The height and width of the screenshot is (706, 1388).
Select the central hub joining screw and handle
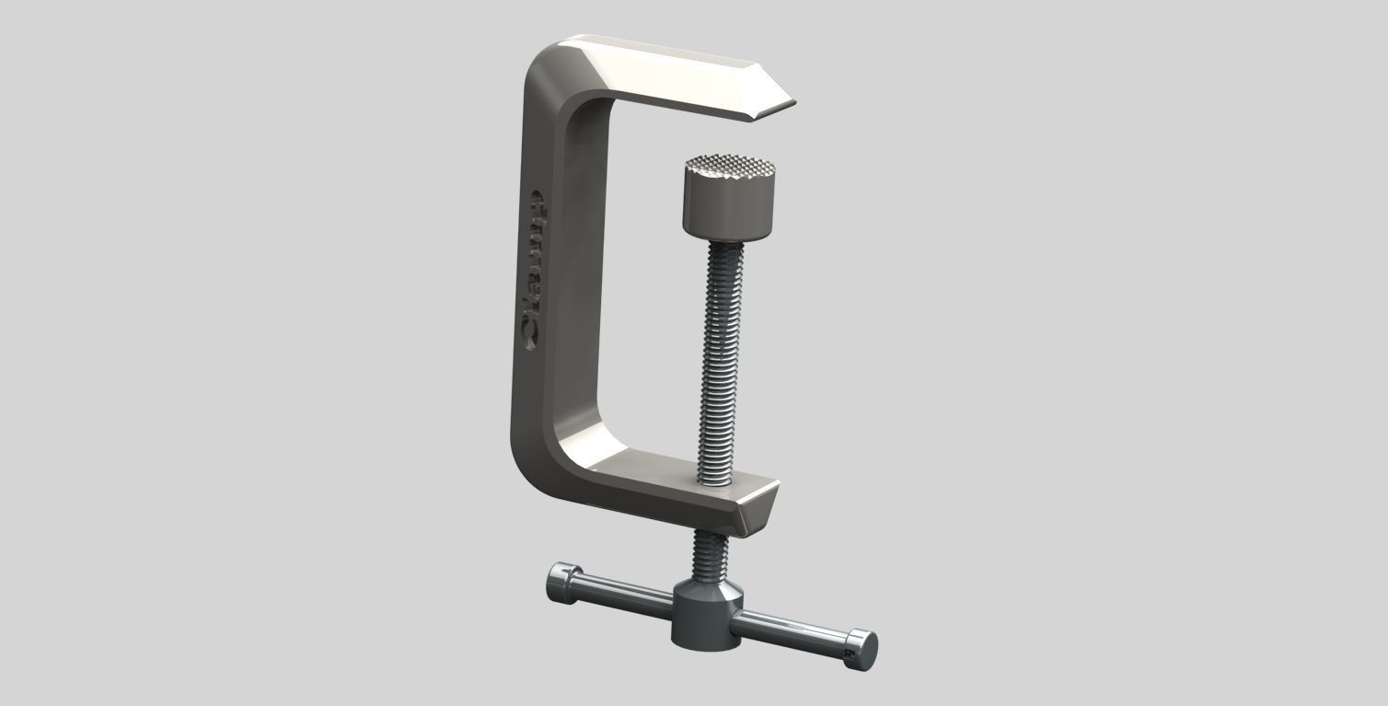(x=706, y=614)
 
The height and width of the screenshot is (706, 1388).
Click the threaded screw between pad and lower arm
(x=720, y=359)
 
